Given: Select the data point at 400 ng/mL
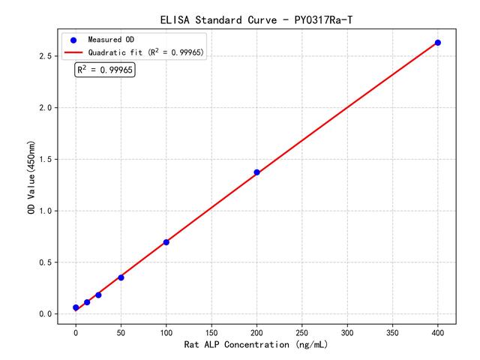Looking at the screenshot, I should [x=438, y=43].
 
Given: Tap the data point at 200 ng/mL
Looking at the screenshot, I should [x=256, y=172].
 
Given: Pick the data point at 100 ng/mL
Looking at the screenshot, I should [x=166, y=242].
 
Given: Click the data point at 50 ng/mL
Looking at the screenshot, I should [x=121, y=277].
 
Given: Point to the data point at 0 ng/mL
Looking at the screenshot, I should [x=76, y=307].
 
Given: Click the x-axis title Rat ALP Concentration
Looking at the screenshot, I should [x=256, y=345].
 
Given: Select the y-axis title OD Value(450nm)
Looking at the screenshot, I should [x=31, y=178].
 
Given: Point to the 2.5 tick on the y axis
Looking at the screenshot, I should [x=45, y=56].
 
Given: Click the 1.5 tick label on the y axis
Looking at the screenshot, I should [x=45, y=159].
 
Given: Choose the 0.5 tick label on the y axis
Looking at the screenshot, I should [x=45, y=262].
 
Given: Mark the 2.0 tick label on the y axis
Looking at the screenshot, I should [x=45, y=108].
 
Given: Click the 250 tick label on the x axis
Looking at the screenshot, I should [x=302, y=331].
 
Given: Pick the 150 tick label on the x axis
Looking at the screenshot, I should [x=211, y=331].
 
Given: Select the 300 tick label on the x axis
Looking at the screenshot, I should [x=347, y=331].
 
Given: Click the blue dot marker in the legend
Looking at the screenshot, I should [x=73, y=39].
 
